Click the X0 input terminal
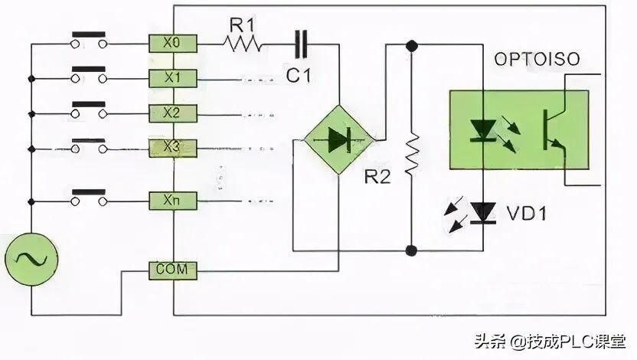pyautogui.click(x=174, y=44)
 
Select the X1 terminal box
pyautogui.click(x=174, y=78)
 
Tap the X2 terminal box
pyautogui.click(x=174, y=113)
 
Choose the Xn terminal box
pyautogui.click(x=174, y=201)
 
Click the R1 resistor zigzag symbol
pyautogui.click(x=243, y=45)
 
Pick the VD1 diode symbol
pyautogui.click(x=482, y=212)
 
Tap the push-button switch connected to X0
pyautogui.click(x=88, y=41)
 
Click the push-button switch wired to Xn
pyautogui.click(x=88, y=198)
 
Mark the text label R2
pyautogui.click(x=377, y=177)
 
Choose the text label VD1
pyautogui.click(x=527, y=213)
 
